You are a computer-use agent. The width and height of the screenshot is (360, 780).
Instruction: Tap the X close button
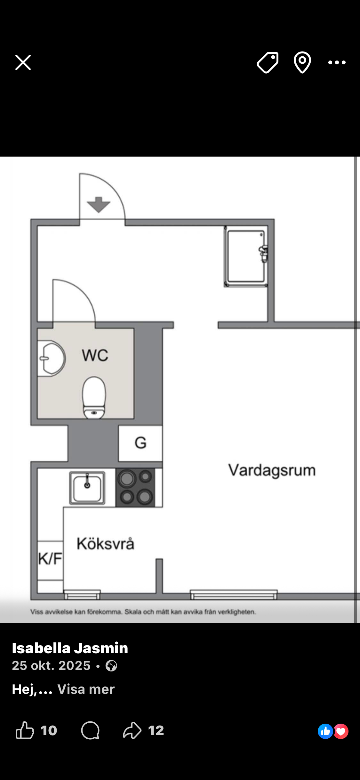[23, 62]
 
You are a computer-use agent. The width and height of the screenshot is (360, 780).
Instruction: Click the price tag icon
[268, 62]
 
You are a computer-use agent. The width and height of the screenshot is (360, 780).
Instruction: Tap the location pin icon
[302, 62]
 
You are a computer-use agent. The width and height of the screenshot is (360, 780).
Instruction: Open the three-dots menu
[337, 62]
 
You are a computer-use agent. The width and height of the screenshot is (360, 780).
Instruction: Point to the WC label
[95, 355]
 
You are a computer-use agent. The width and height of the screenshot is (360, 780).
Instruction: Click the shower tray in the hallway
[246, 256]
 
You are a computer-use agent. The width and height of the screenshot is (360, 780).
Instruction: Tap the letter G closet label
[140, 443]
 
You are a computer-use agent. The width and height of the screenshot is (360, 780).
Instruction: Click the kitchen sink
[87, 488]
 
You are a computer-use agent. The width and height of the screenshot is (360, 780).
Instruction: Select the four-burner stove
[135, 487]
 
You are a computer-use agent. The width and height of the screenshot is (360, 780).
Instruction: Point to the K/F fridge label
[50, 559]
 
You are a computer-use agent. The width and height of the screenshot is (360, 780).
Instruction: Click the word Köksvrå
[105, 543]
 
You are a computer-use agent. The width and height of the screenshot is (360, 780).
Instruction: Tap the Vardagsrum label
[272, 470]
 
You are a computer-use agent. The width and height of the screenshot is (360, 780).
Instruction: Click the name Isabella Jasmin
[70, 648]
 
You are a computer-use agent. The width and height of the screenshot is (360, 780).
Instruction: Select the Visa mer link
[86, 689]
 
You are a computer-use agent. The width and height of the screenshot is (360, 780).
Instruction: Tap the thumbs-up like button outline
[25, 730]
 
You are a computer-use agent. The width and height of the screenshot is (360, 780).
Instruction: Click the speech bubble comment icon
[90, 730]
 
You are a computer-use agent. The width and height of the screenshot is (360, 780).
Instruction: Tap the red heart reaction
[341, 731]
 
